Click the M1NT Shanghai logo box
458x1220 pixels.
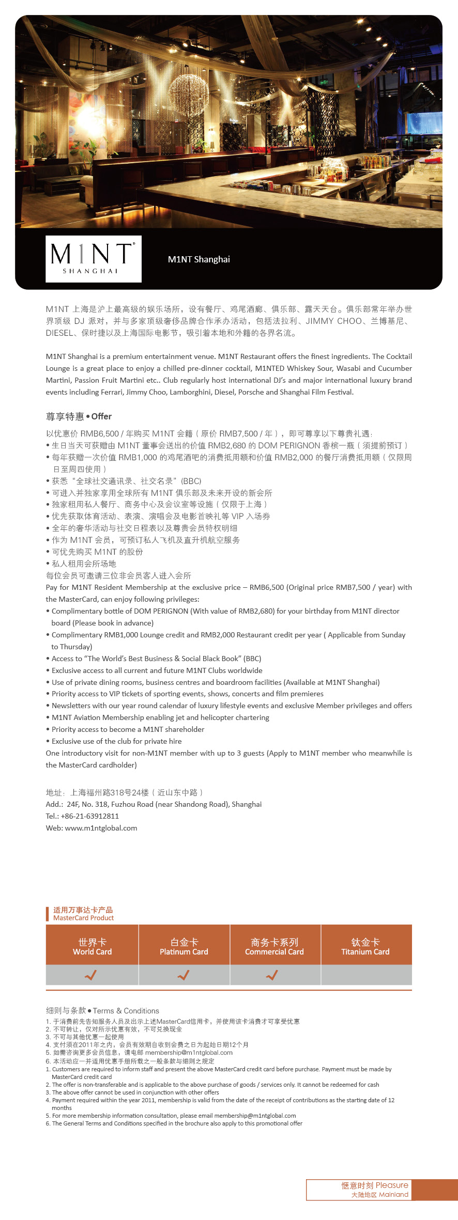[x=94, y=259]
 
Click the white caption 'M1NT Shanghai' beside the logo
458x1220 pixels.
[x=199, y=259]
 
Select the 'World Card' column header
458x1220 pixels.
[x=92, y=946]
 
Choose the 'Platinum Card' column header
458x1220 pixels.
[x=184, y=946]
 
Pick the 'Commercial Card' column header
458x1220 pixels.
[x=274, y=946]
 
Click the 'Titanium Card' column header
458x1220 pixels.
[x=365, y=946]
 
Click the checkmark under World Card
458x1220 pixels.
[x=91, y=975]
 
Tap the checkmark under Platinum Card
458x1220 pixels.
[x=184, y=975]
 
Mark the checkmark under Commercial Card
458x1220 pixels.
[x=272, y=975]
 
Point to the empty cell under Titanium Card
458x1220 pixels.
[x=366, y=975]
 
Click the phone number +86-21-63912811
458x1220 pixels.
[x=90, y=816]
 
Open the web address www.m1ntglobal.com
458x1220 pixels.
[x=101, y=828]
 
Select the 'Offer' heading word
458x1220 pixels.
[x=101, y=416]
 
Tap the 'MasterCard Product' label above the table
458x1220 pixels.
[x=83, y=918]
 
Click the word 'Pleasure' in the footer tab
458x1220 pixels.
[x=392, y=1185]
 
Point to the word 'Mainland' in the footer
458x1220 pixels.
[x=393, y=1194]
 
